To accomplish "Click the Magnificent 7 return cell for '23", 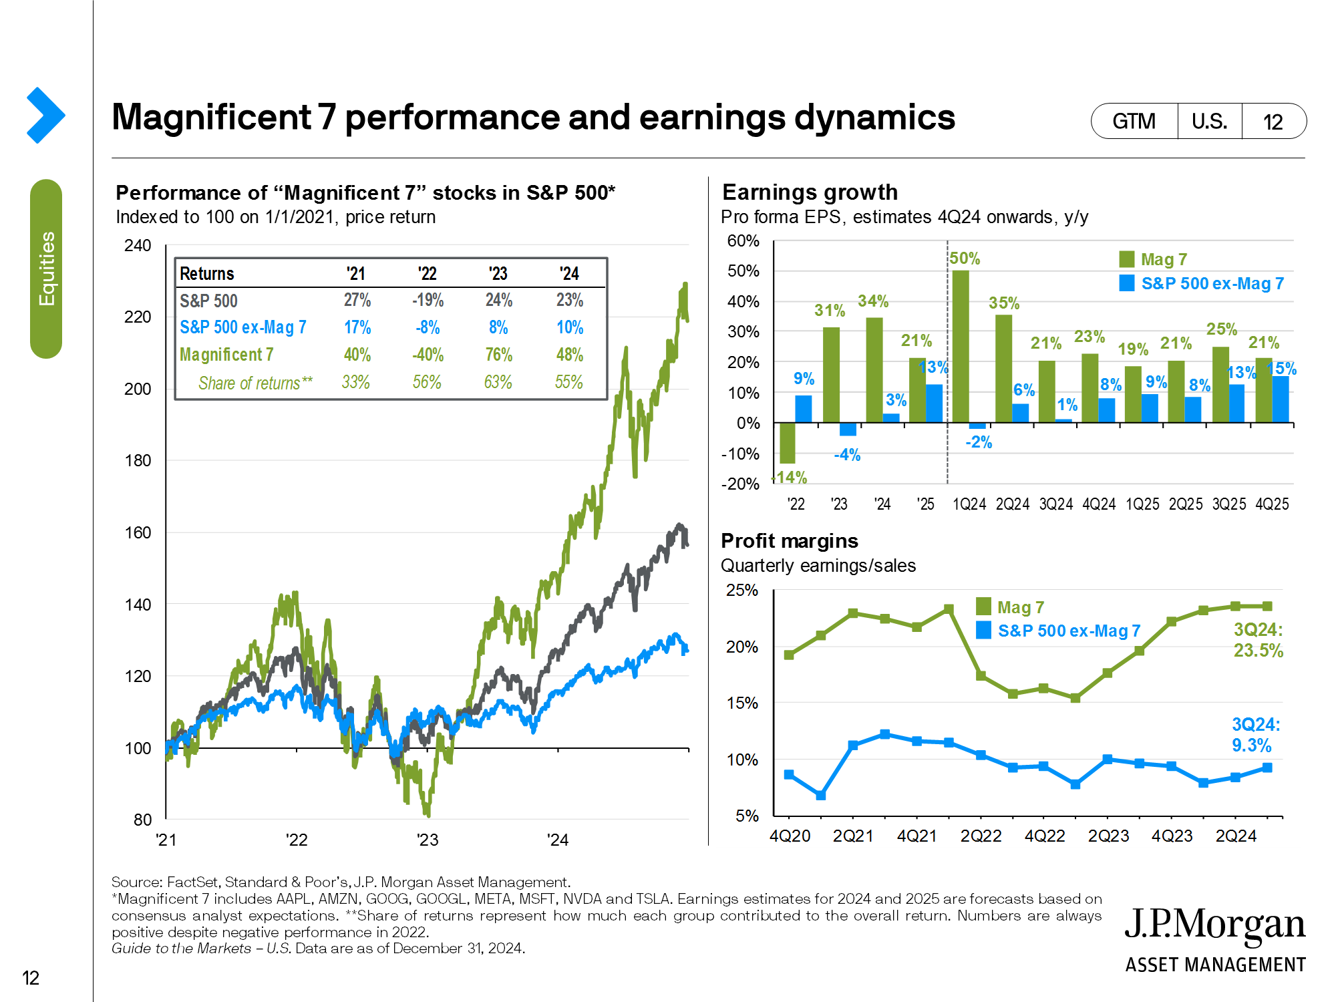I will coord(498,355).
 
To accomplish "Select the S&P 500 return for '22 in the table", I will coord(428,301).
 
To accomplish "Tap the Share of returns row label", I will coord(255,383).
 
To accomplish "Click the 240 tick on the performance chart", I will coord(138,246).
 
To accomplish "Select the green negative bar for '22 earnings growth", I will coord(788,443).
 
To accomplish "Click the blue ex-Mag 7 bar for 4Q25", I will coord(1281,399).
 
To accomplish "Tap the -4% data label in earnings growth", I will coord(847,455).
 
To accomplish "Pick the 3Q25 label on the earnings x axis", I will coord(1229,504).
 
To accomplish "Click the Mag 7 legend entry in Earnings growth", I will coord(1154,259).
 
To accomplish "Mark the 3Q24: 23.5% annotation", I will coord(1258,640).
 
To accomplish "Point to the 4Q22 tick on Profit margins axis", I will coord(1045,836).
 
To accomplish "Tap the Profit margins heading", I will coord(790,540).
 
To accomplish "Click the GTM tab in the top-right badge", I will coord(1134,122).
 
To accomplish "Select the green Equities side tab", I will coord(46,269).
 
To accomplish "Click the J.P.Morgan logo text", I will coord(1214,925).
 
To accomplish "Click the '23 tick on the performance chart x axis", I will coord(428,840).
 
